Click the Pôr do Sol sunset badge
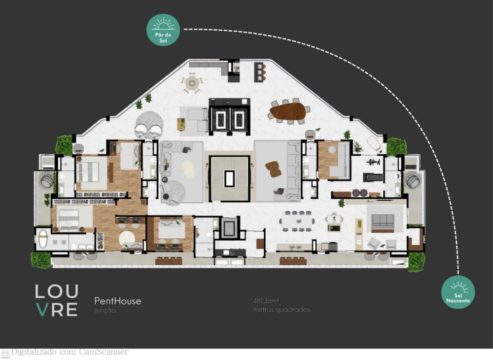click(163, 30)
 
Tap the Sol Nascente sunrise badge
click(458, 292)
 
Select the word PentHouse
click(117, 301)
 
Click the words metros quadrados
click(282, 310)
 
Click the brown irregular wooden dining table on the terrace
click(289, 111)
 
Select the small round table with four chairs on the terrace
click(191, 82)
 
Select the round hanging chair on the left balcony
click(47, 181)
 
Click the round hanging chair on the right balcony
click(412, 181)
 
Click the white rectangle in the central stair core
click(229, 178)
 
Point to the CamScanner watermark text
click(69, 352)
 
